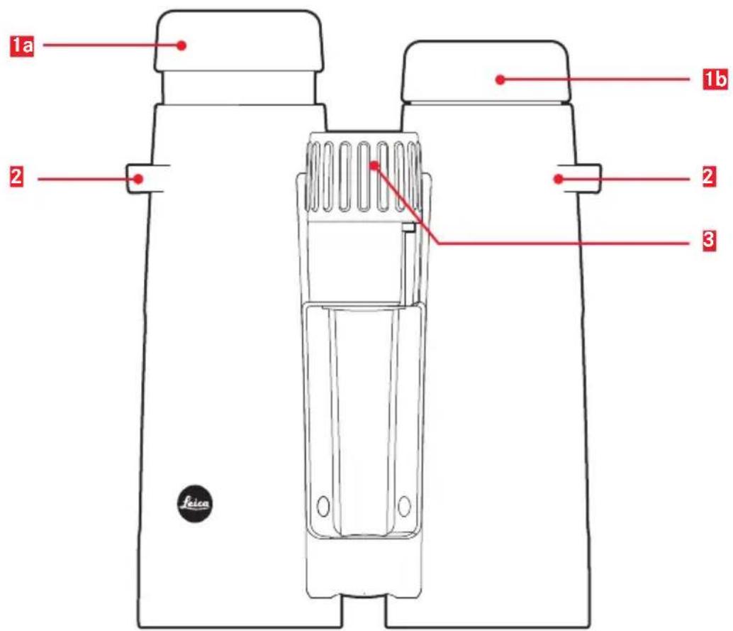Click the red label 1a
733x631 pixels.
22,46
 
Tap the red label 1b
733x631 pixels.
716,79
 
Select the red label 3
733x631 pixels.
709,240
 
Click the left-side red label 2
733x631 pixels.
16,177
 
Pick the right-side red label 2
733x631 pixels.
709,177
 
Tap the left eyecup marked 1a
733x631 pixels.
238,41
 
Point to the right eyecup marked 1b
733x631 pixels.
486,71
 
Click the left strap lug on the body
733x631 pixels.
139,178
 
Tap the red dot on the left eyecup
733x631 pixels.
182,45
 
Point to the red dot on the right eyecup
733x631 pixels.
500,79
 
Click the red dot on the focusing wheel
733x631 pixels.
373,165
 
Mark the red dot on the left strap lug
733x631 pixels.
138,178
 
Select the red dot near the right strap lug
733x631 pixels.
558,179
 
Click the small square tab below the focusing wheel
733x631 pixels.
408,227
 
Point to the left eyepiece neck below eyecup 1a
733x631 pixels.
239,88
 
